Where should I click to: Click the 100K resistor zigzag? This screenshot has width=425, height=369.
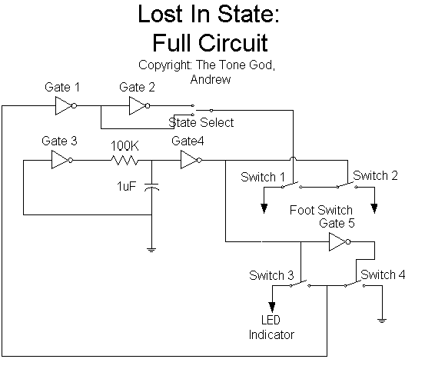125,160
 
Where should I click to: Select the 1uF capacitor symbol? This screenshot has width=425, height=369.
151,187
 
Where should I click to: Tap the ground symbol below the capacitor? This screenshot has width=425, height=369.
151,250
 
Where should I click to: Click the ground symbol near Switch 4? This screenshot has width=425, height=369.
382,321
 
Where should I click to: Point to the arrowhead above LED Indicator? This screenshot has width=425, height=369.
272,307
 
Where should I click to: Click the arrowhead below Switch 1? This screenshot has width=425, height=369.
264,208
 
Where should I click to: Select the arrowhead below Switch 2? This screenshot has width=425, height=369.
374,208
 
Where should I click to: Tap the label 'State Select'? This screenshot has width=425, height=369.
201,122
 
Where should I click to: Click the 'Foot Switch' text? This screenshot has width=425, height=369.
321,210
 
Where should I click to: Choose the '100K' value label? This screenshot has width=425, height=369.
125,146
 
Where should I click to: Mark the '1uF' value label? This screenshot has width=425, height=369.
126,187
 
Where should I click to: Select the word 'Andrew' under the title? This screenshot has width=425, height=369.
211,79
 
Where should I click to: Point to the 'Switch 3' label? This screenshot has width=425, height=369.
271,275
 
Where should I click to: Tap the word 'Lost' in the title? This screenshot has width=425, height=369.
161,14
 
